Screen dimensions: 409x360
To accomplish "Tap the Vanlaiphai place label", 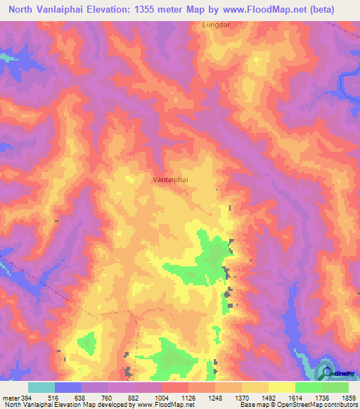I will pos(169,180).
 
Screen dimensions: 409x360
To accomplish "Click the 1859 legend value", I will pos(349,397).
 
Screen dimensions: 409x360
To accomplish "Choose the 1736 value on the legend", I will pos(323,397).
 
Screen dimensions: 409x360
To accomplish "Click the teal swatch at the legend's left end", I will pos(41,387).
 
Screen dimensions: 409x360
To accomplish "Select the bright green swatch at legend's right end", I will pos(335,387).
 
